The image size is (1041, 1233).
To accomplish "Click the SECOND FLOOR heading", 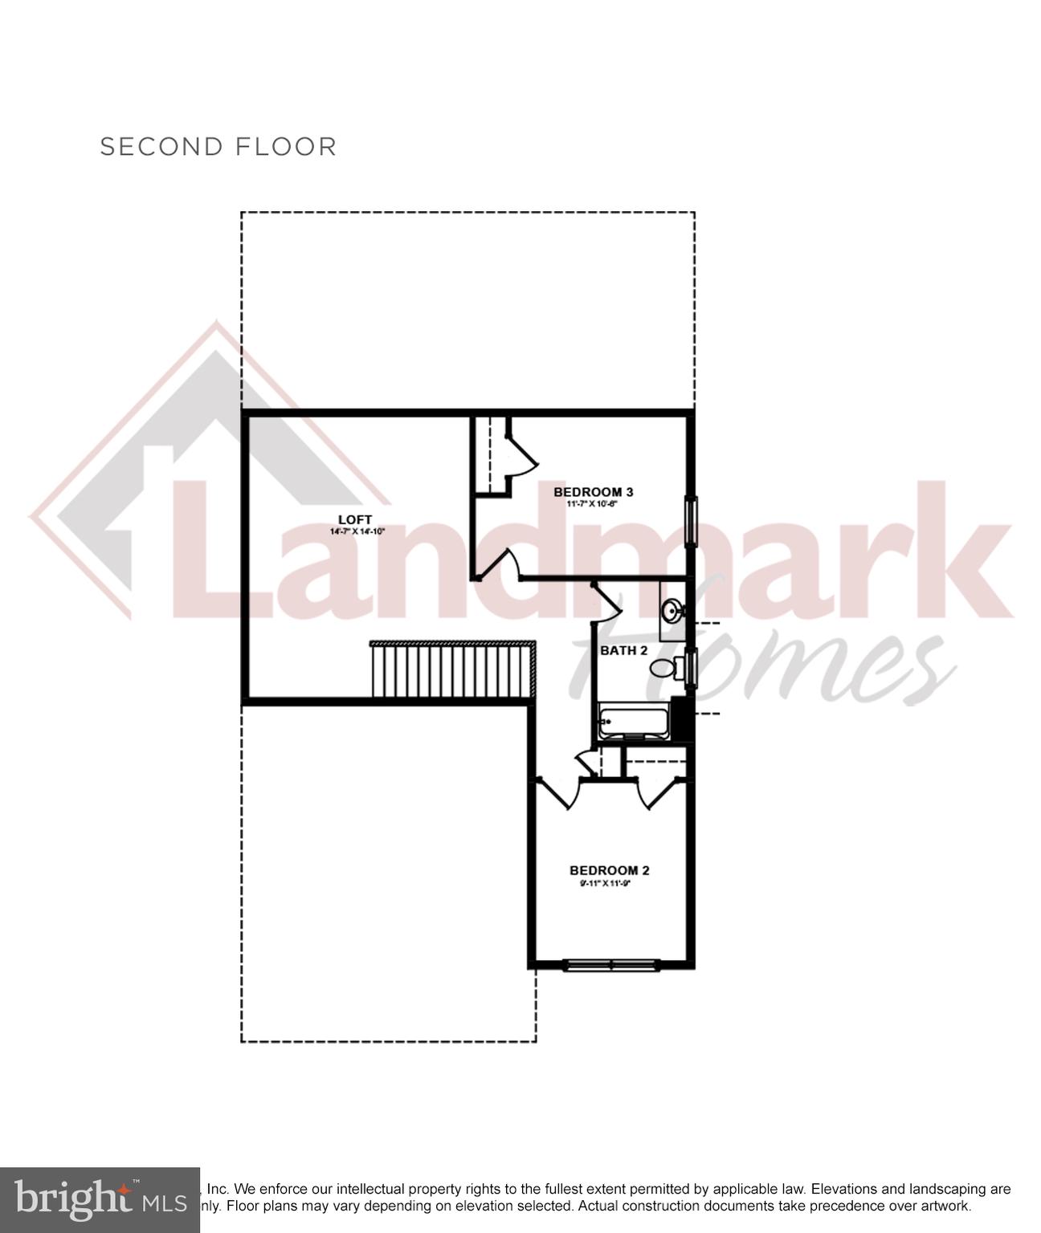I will (x=218, y=147).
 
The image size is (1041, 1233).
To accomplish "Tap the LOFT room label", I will (x=354, y=519).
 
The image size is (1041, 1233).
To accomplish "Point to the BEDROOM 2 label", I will (x=609, y=870).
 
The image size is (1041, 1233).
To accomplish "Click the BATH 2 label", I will (x=623, y=650).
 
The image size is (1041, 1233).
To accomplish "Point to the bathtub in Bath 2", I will (x=635, y=721).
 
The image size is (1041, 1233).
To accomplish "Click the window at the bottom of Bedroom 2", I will (x=611, y=964).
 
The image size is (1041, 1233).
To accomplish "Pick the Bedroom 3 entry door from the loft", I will (x=498, y=563).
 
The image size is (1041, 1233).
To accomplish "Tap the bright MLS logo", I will (x=99, y=1199).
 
